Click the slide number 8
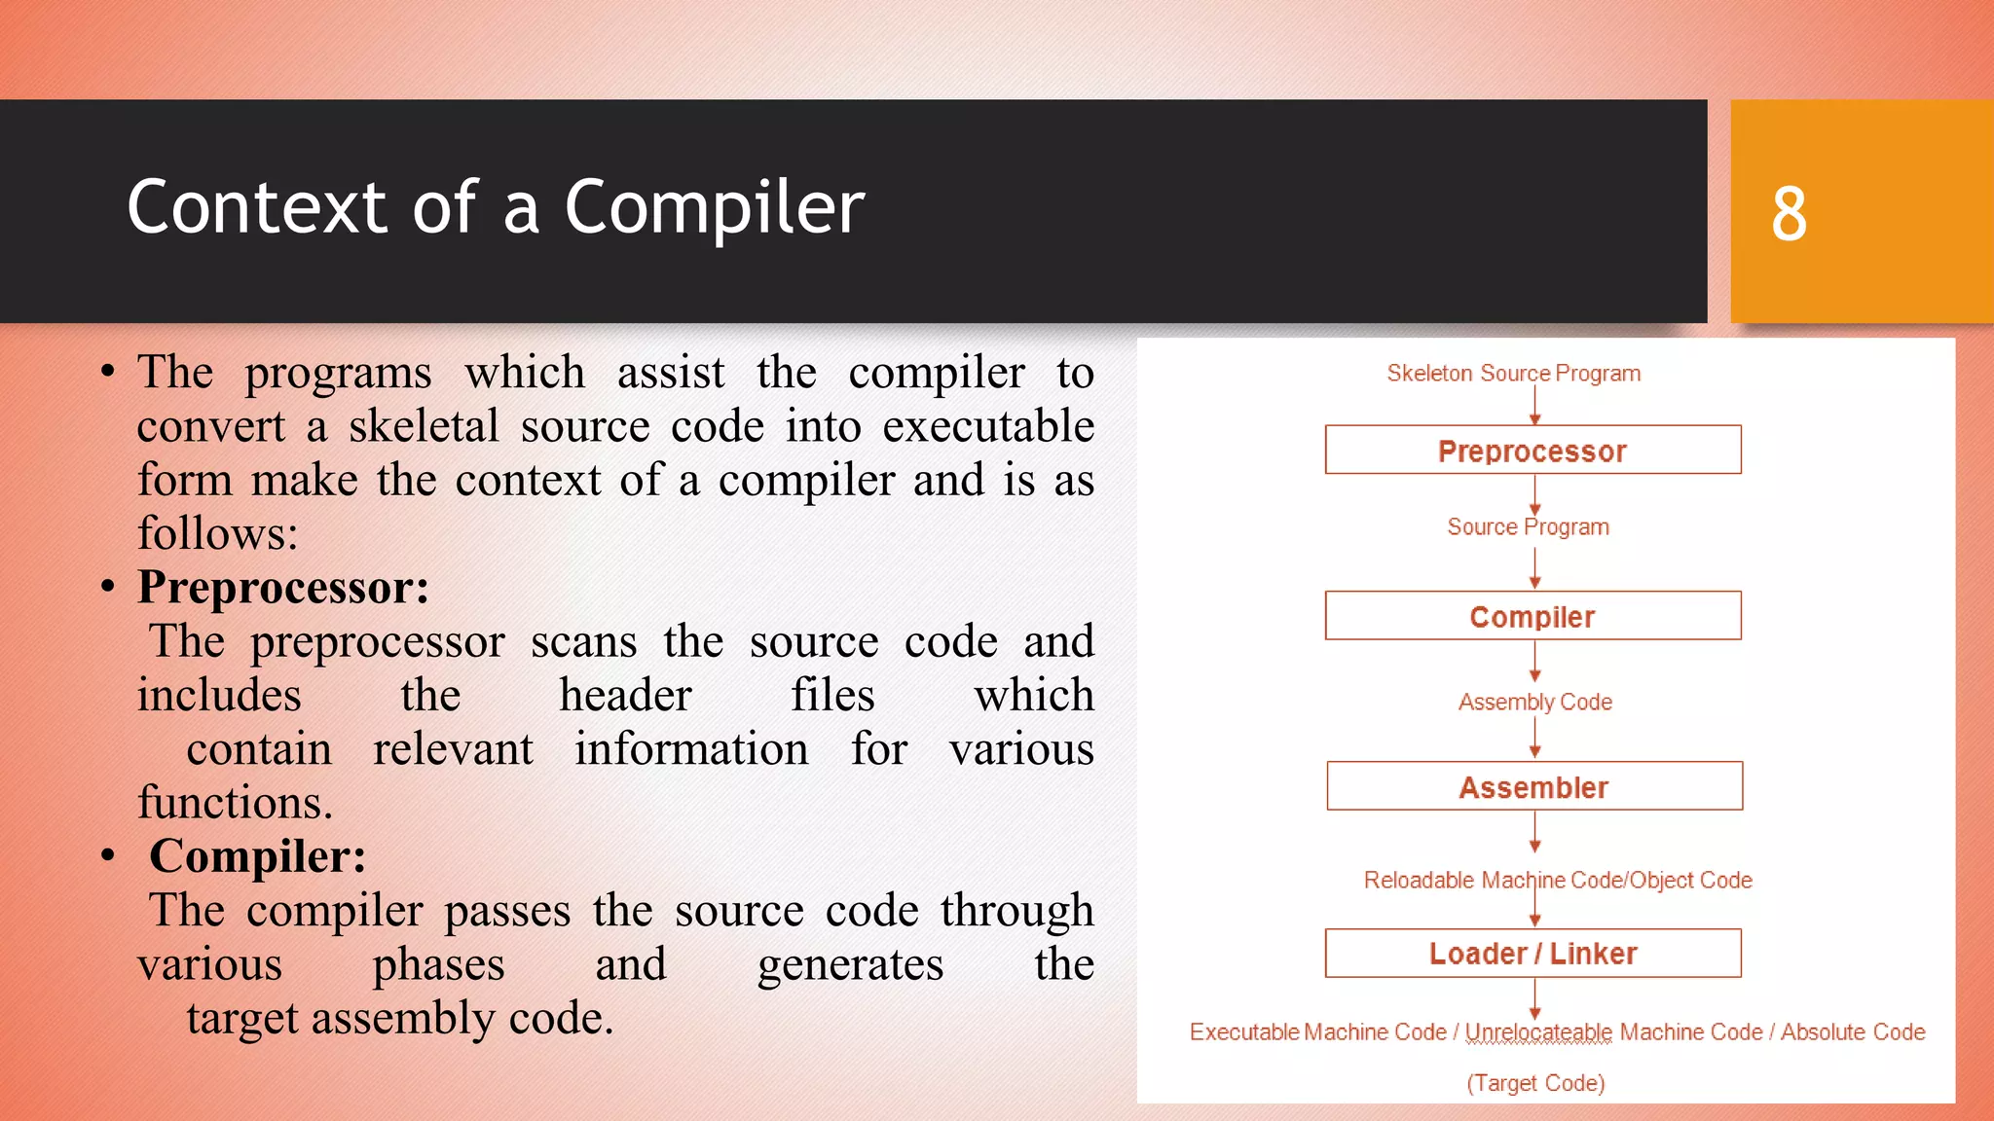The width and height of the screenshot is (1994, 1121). point(1789,213)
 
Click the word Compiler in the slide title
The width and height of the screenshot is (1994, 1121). point(714,207)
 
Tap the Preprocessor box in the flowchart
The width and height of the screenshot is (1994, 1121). point(1532,451)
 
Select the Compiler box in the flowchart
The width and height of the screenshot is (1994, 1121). point(1532,616)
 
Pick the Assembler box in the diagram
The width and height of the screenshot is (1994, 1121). point(1533,786)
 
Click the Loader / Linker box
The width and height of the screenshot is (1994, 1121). point(1532,954)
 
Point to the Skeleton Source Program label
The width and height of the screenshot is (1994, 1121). point(1513,374)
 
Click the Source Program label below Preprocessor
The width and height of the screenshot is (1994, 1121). point(1528,527)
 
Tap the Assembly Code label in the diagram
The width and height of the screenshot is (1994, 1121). point(1534,703)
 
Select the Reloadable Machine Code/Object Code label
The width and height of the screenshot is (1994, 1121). point(1557,881)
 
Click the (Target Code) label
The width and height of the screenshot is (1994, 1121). point(1535,1083)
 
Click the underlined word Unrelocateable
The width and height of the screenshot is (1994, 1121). point(1538,1032)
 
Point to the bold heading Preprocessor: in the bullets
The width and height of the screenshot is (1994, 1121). point(283,588)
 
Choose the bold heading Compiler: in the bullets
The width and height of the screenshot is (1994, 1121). point(257,857)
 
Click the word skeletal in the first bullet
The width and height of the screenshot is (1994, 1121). point(424,427)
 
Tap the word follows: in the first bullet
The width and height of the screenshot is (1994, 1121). point(217,534)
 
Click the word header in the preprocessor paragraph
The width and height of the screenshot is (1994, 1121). point(625,696)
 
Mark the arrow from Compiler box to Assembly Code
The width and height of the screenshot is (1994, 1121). point(1535,662)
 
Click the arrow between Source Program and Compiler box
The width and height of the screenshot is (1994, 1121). point(1535,567)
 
